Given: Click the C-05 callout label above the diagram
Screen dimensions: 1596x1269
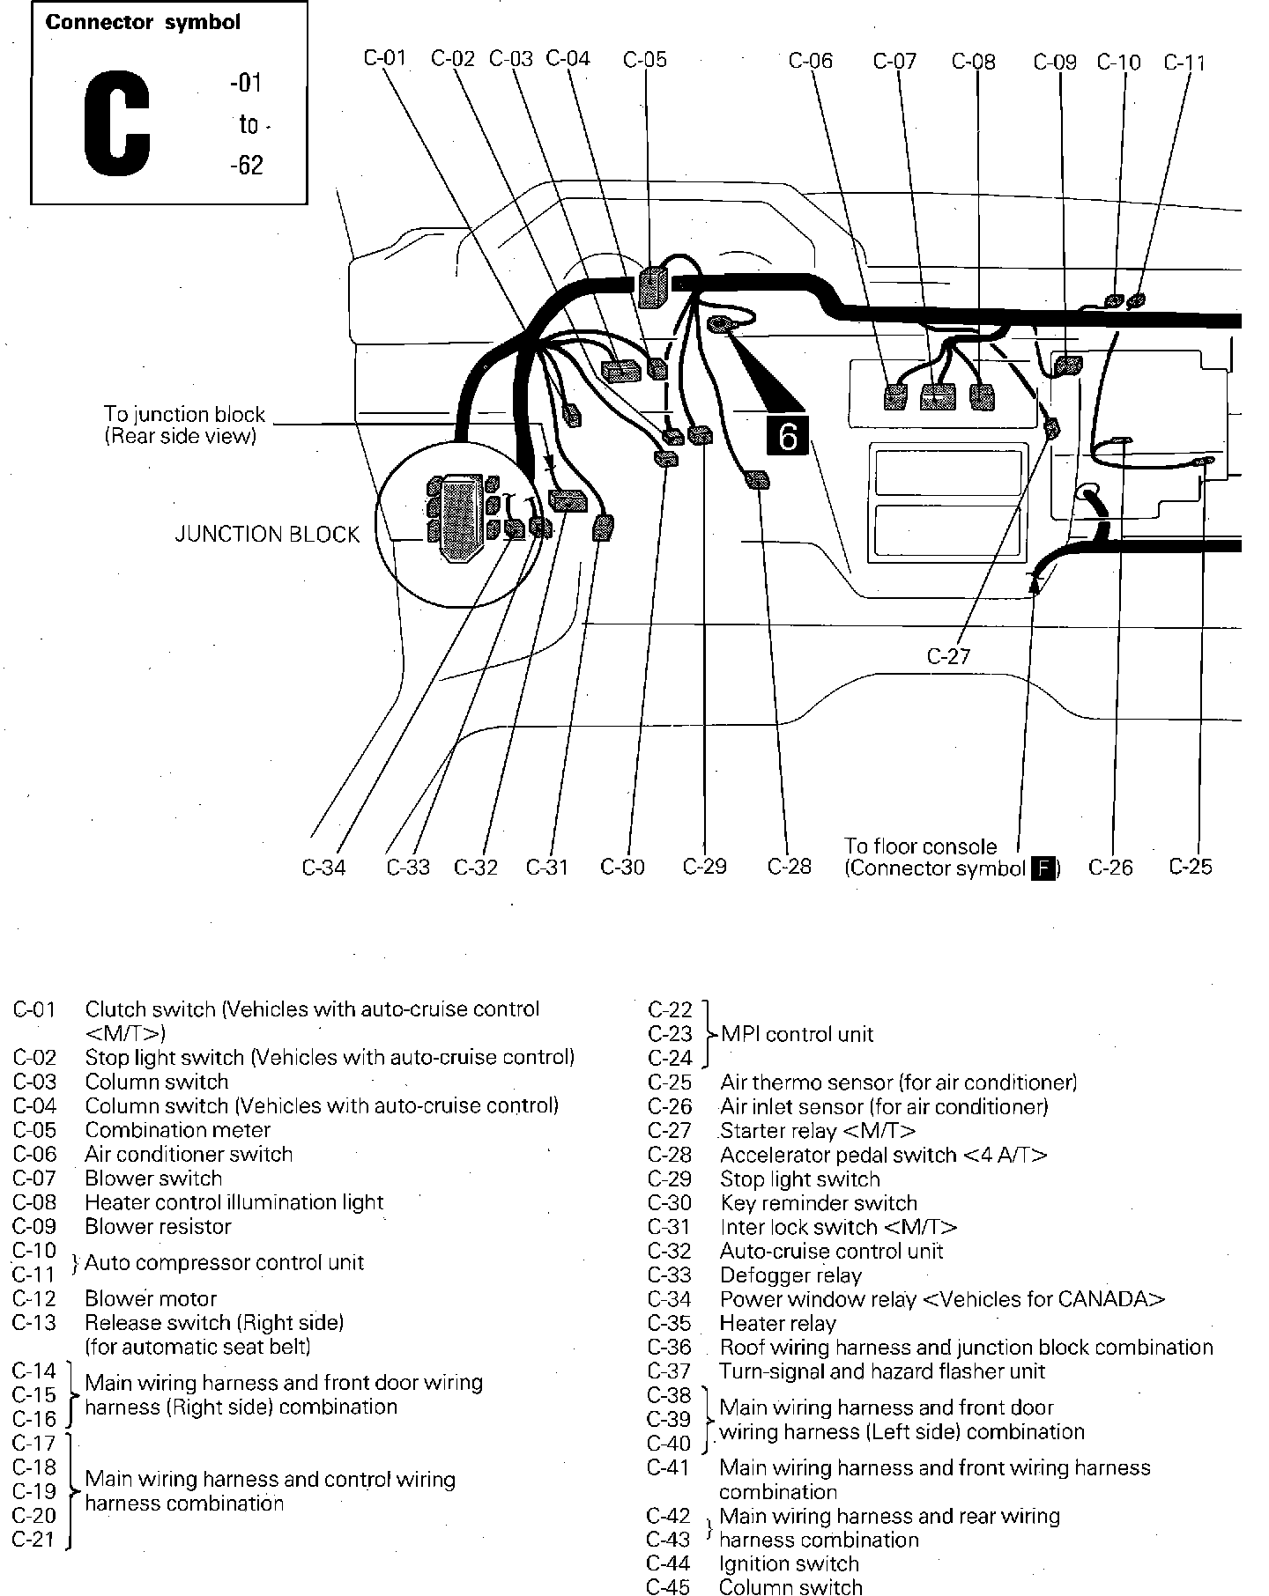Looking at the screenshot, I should [645, 60].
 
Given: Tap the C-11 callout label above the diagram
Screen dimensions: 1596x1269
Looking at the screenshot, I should [1184, 63].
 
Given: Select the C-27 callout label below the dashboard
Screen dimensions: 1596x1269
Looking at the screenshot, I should [948, 656].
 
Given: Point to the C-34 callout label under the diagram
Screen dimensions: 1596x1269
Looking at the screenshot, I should [323, 868].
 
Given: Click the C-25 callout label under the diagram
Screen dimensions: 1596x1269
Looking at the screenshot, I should [1191, 867].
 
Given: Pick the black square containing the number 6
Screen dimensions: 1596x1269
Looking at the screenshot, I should [787, 435].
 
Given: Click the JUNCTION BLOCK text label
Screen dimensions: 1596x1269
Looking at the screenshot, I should [267, 535].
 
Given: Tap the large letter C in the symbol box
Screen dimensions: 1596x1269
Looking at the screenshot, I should [117, 122].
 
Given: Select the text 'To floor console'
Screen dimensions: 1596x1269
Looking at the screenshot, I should [920, 846].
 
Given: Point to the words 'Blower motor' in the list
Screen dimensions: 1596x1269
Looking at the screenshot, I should [151, 1298].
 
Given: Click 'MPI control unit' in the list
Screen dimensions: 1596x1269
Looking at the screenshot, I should [797, 1034].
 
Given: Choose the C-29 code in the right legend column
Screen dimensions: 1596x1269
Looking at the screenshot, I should [670, 1179].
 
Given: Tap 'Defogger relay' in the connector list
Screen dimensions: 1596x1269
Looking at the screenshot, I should [790, 1275].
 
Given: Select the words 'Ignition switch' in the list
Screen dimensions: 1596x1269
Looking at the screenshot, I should [789, 1563].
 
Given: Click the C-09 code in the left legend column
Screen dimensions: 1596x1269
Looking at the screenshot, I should [34, 1226].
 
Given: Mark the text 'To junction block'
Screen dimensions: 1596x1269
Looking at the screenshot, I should [184, 414].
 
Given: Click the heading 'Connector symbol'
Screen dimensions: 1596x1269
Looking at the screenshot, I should [143, 23].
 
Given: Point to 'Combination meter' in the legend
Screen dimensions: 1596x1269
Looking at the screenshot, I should [177, 1130].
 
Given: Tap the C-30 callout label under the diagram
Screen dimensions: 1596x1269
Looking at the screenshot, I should [622, 868].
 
